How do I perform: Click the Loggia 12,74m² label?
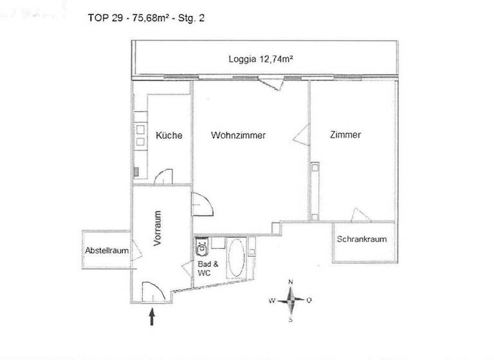coord(261,59)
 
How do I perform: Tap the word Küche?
coord(169,136)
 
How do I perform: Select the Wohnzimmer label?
coord(238,136)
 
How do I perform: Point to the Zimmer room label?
coord(345,135)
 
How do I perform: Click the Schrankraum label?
coord(361,239)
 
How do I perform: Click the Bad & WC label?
coord(203,269)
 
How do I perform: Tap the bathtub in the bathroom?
coord(236,258)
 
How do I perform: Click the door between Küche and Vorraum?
coord(165,177)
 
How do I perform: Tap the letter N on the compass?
coord(291,283)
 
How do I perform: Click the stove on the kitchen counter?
coord(139,134)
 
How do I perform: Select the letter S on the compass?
coord(291,318)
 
